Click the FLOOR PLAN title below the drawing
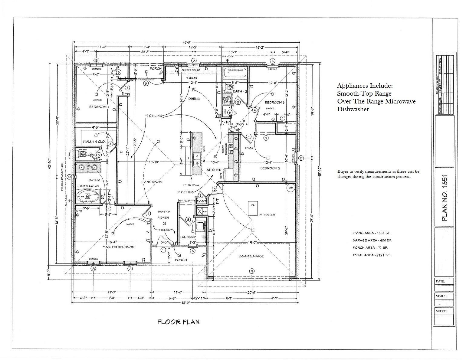(178, 322)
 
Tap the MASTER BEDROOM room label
(118, 247)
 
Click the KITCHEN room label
(214, 170)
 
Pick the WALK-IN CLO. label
(94, 142)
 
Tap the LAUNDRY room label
(188, 237)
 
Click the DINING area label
(194, 99)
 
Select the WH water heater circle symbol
(291, 188)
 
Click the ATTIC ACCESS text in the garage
(267, 215)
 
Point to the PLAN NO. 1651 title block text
(444, 198)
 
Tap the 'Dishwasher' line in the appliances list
(353, 110)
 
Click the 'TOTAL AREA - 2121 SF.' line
(371, 255)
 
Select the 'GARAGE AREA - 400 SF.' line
(372, 240)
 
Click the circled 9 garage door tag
(251, 271)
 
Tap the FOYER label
(163, 218)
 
